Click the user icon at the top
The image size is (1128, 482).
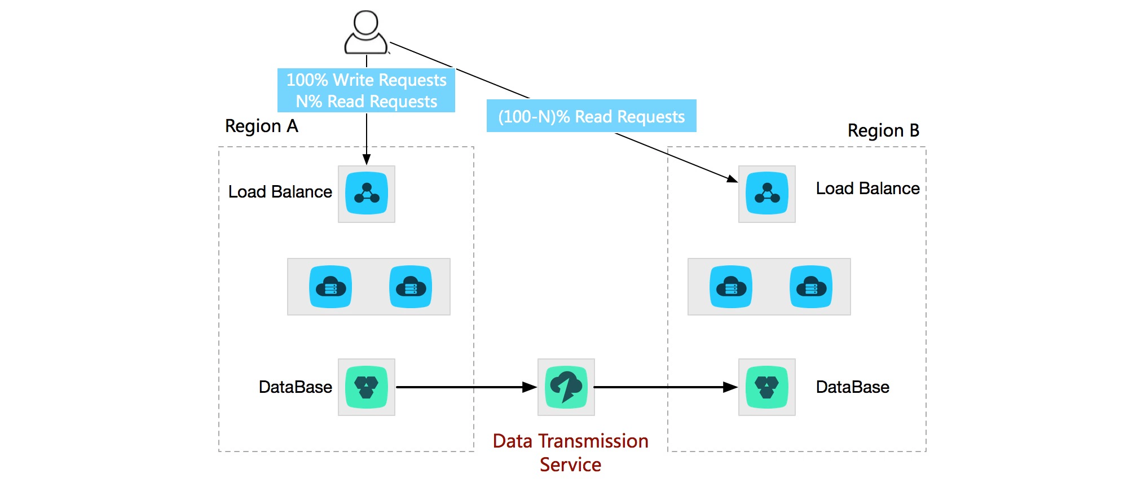click(x=366, y=32)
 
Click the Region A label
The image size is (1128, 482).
click(x=262, y=126)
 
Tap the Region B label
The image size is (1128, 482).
click(x=883, y=130)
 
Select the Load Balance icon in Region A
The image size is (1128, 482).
click(x=367, y=194)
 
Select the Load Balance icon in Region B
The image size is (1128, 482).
click(x=767, y=194)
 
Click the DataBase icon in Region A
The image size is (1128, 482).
click(x=367, y=387)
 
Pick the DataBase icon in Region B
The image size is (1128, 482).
click(x=767, y=387)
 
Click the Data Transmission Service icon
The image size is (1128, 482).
click(x=566, y=387)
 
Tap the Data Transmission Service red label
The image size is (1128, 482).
click(x=570, y=453)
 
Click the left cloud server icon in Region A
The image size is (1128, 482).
click(x=331, y=287)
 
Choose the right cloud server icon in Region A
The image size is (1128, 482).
click(x=411, y=287)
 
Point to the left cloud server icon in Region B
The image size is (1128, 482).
click(x=731, y=287)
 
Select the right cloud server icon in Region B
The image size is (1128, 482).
click(x=811, y=287)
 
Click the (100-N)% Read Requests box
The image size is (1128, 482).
click(x=592, y=116)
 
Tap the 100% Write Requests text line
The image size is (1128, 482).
click(x=367, y=80)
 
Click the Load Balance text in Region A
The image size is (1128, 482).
click(x=280, y=192)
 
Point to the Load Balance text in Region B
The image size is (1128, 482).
click(x=868, y=189)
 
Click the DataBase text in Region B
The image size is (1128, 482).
click(x=853, y=387)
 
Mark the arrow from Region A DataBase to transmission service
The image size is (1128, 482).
click(x=466, y=387)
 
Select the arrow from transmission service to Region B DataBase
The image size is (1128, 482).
click(x=666, y=387)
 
